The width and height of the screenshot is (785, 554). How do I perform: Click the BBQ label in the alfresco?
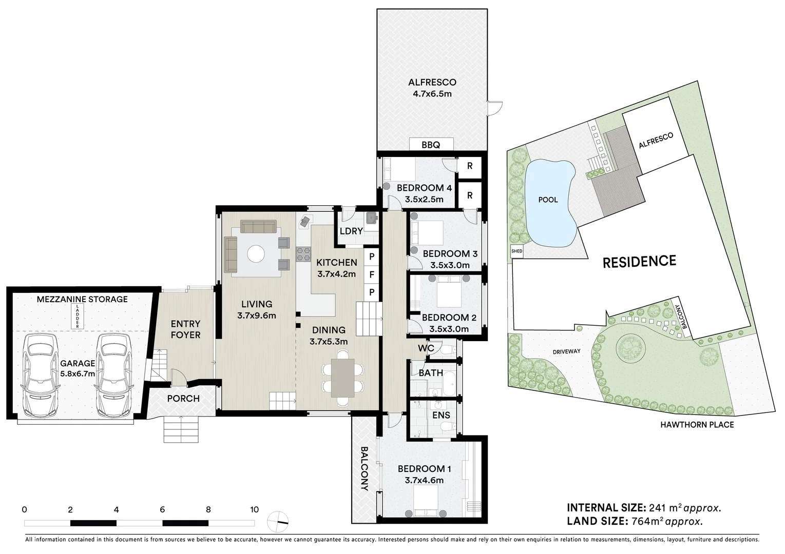click(431, 145)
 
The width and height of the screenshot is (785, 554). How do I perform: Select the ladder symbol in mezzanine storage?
click(78, 316)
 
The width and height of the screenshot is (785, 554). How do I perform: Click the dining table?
click(343, 378)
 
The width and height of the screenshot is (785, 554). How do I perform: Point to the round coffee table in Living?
click(256, 253)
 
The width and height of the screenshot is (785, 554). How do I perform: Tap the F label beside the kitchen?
click(372, 274)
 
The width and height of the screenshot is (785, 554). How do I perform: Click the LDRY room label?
click(351, 231)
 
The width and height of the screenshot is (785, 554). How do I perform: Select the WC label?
click(426, 348)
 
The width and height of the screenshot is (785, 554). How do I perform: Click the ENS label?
click(441, 415)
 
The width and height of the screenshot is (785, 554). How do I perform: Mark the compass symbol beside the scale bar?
click(278, 522)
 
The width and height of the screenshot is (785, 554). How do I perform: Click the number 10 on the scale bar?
click(254, 509)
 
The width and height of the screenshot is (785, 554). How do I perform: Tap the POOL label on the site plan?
click(548, 200)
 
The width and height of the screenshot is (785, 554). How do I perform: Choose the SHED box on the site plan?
click(517, 251)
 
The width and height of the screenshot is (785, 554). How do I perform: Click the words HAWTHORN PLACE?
click(697, 425)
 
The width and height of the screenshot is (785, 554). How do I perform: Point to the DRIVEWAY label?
click(566, 351)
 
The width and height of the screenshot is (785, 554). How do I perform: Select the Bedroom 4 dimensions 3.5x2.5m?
click(424, 200)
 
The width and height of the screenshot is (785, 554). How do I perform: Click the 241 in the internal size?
click(656, 508)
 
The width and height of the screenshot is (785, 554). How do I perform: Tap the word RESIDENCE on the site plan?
click(639, 262)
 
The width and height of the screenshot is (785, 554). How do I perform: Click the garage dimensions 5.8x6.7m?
click(78, 373)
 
